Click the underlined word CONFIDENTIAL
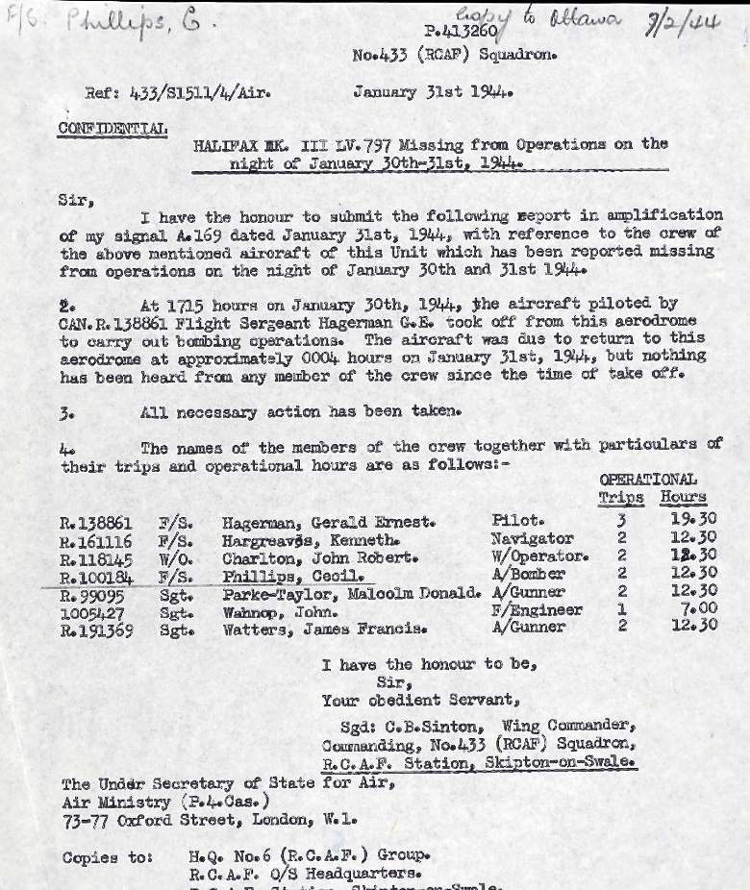(112, 128)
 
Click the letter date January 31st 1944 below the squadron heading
(433, 93)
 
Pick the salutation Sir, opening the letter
(76, 202)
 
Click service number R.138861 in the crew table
(95, 523)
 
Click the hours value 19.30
(693, 520)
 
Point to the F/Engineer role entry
(536, 610)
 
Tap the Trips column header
(621, 498)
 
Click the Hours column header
(683, 498)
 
